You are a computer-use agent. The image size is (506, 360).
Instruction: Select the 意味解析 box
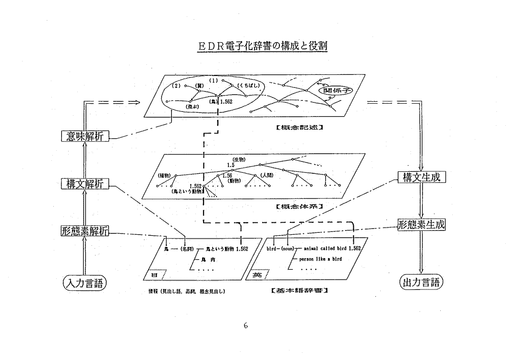[x=85, y=136]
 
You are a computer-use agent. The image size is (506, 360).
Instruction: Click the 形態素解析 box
[x=85, y=231]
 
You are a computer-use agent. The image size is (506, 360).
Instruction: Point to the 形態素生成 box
[x=422, y=224]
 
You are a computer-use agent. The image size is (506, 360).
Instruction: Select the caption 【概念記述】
[x=300, y=128]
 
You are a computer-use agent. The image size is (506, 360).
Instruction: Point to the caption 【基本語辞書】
[x=300, y=291]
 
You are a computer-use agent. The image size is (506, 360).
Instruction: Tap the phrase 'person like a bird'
[x=321, y=259]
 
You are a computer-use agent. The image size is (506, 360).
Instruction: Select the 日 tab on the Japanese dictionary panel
[x=154, y=275]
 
